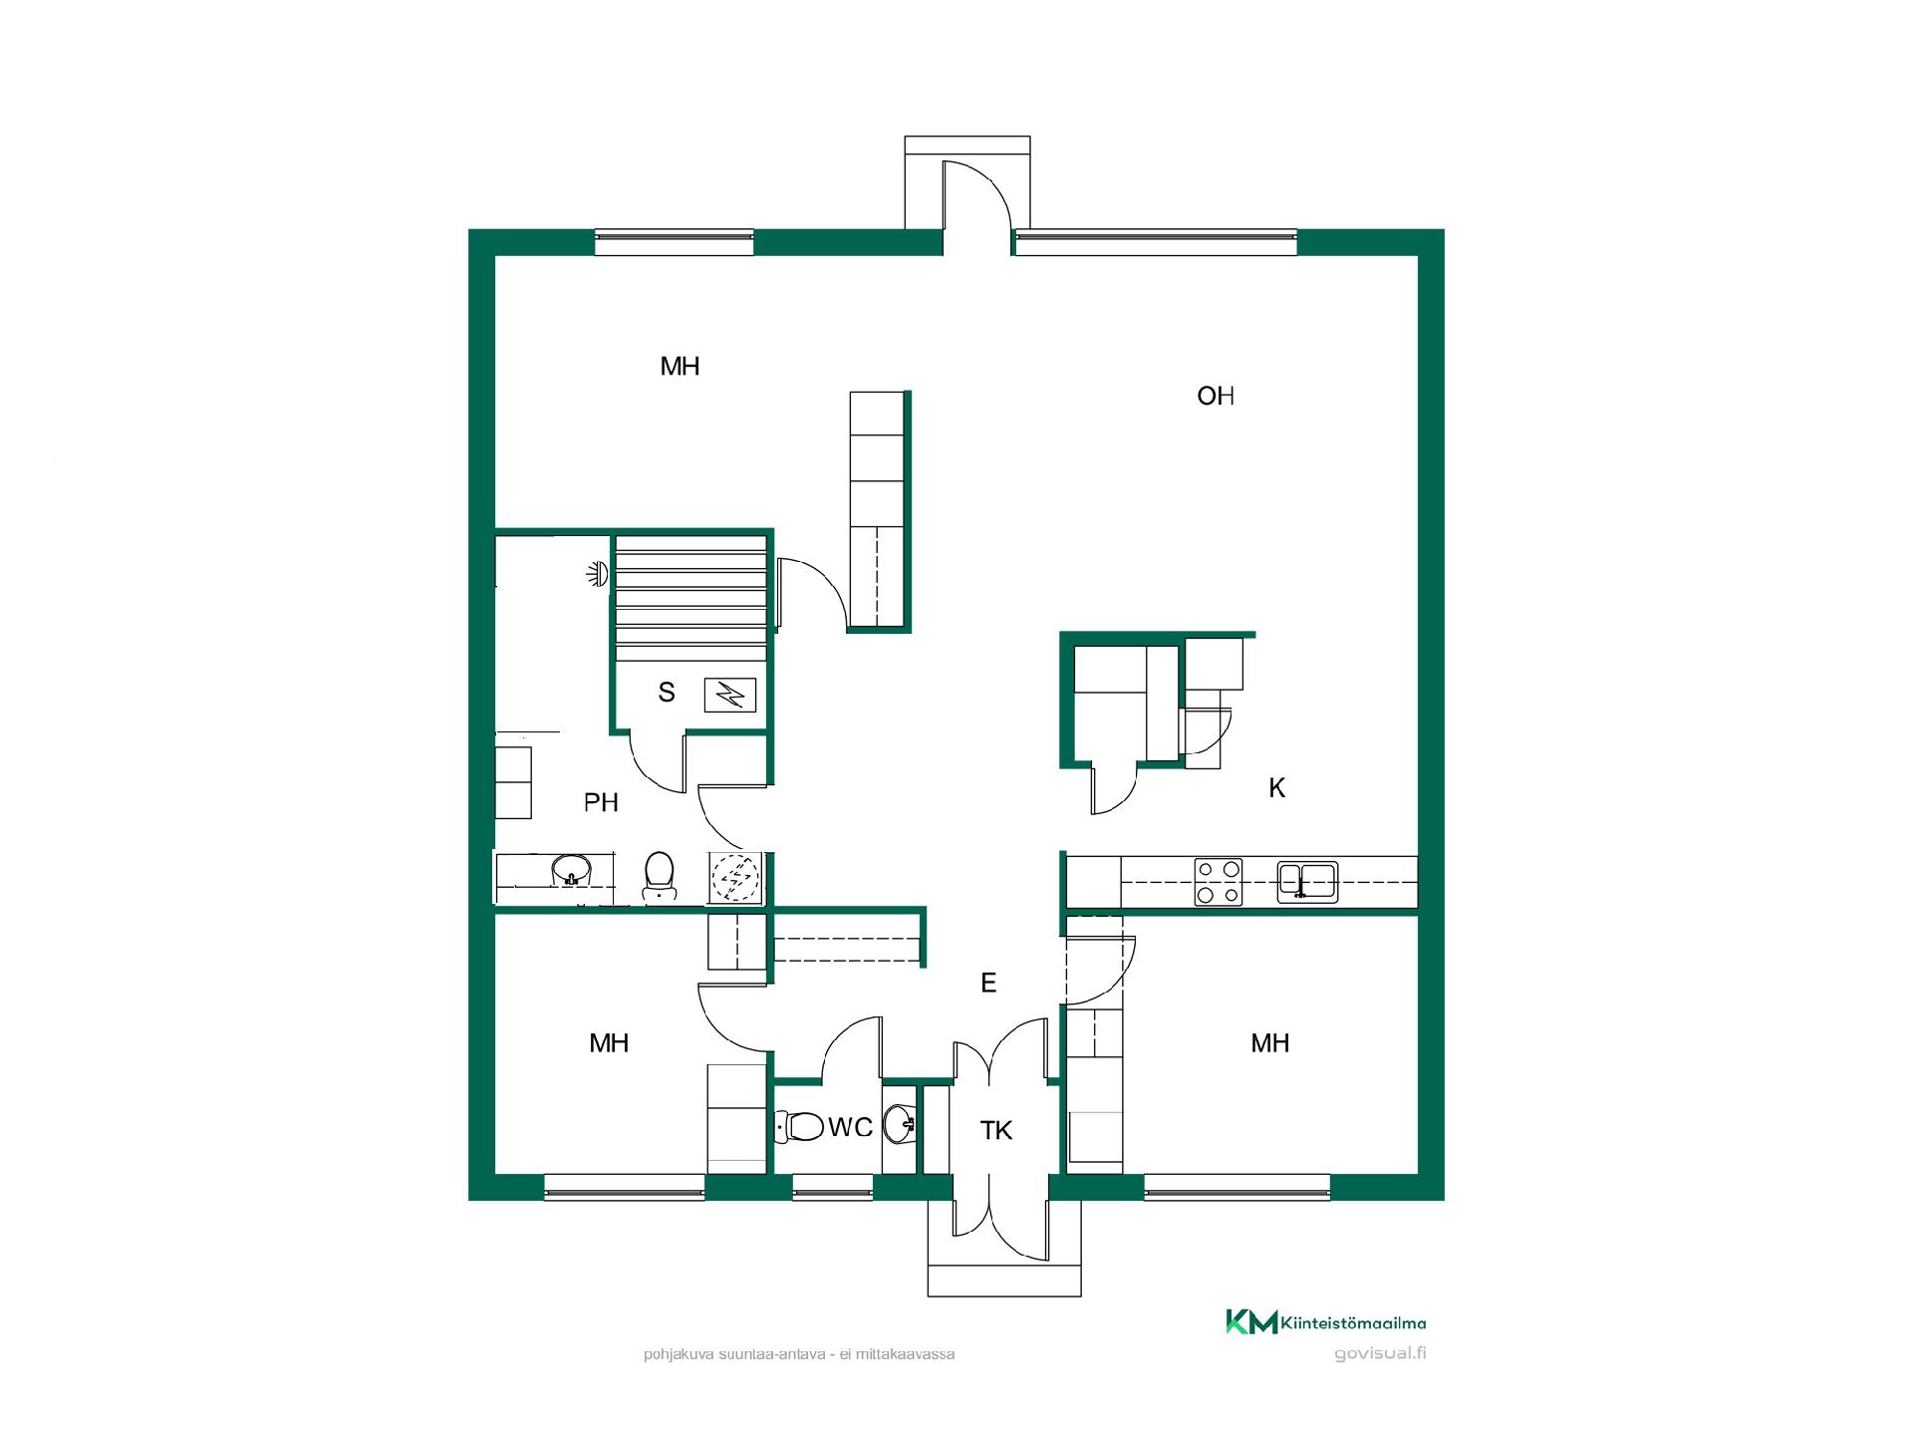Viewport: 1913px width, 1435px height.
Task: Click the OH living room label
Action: (x=1216, y=397)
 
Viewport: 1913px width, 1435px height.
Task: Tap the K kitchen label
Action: (x=1276, y=788)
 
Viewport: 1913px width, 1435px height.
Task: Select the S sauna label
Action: (x=667, y=692)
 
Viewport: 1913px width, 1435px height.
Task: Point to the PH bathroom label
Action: (x=601, y=802)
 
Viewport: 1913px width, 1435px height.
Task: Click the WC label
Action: (x=850, y=1127)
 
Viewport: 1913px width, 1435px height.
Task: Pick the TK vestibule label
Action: (x=996, y=1130)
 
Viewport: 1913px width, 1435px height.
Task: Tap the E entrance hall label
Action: (x=988, y=984)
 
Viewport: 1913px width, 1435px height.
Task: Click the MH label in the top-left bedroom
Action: (x=680, y=367)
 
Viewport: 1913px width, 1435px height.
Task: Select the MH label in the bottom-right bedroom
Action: (x=1270, y=1043)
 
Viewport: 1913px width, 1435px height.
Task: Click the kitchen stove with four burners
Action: (x=1219, y=882)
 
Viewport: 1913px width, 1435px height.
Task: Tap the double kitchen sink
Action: (x=1308, y=882)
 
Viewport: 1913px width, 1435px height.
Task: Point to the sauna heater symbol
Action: (x=730, y=695)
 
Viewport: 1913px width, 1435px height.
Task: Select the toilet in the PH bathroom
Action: (x=658, y=875)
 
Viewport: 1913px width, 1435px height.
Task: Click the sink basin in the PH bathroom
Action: (x=571, y=870)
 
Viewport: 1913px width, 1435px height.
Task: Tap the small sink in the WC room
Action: (x=901, y=1125)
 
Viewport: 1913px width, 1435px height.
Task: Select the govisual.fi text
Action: (x=1380, y=1353)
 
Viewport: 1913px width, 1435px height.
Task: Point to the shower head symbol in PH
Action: (x=597, y=574)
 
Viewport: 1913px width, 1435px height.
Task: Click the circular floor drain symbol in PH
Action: (x=736, y=877)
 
